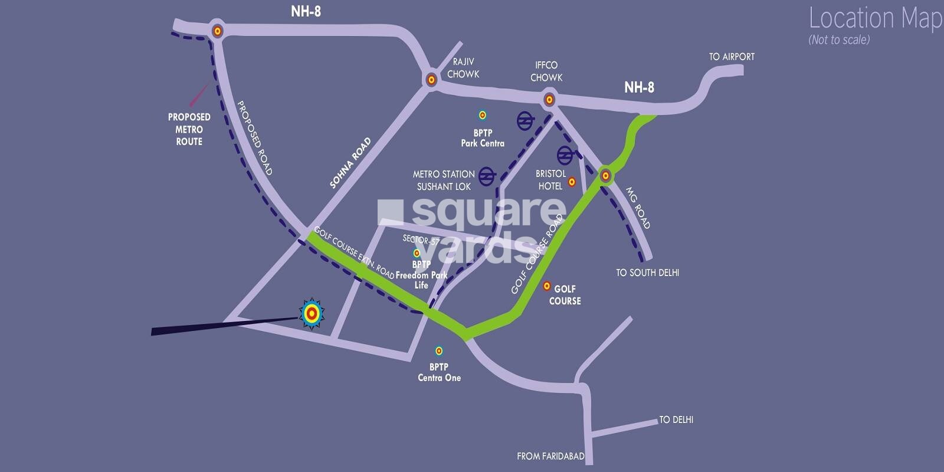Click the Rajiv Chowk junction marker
[x=431, y=79]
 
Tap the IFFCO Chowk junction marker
[x=549, y=100]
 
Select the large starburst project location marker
[x=312, y=314]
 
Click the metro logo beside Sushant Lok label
[x=487, y=176]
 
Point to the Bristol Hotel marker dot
[x=571, y=182]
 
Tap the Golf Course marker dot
[x=546, y=286]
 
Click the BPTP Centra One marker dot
[x=439, y=351]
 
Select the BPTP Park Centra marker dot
[x=482, y=115]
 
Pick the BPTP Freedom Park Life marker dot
[x=417, y=253]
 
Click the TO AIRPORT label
[x=732, y=57]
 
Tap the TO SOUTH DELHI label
[x=647, y=273]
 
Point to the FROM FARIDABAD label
[x=550, y=456]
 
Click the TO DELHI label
[x=676, y=419]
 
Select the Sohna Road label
[x=350, y=163]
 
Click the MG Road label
[x=638, y=208]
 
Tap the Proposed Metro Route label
[x=189, y=129]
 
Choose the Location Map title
[x=875, y=18]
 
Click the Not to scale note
[x=839, y=40]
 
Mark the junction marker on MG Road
[x=605, y=175]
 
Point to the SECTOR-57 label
[x=421, y=240]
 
